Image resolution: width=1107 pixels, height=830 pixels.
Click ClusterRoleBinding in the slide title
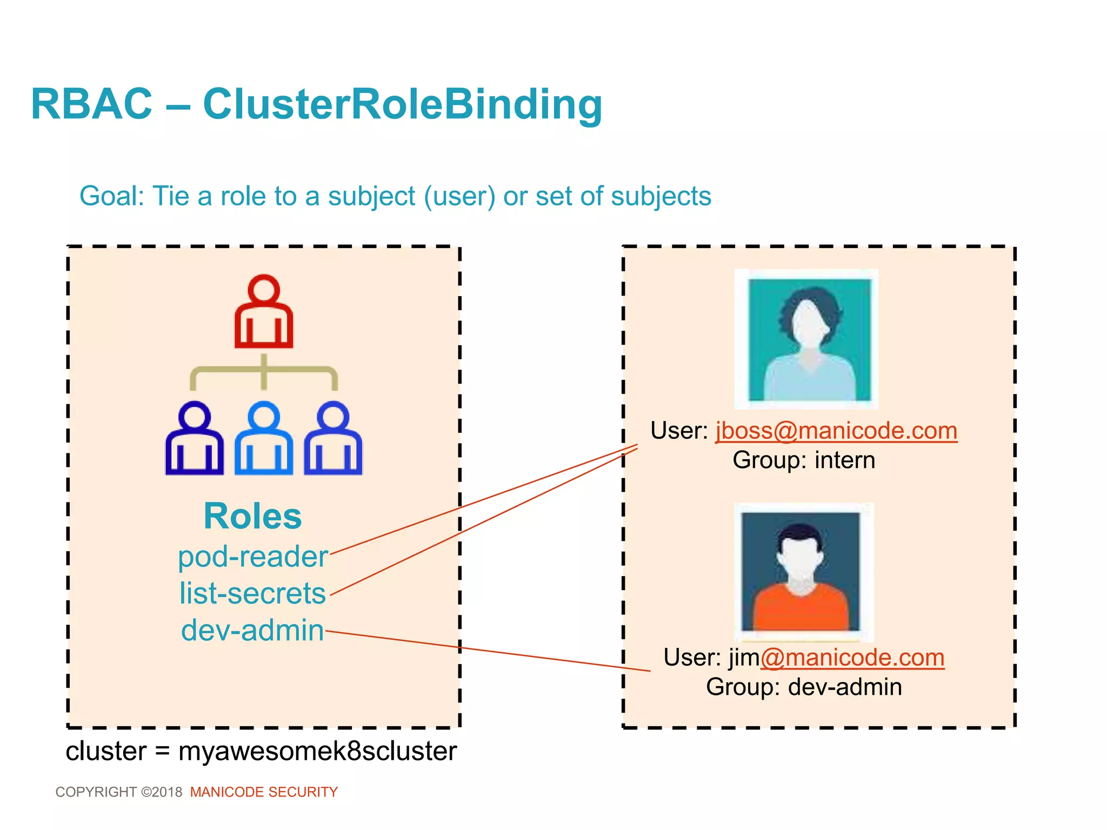402,104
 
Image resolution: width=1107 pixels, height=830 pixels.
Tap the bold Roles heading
252,516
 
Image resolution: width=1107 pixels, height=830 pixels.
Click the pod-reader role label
252,557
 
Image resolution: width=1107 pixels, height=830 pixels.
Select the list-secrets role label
252,593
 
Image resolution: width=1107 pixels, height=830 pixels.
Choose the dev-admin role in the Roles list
252,630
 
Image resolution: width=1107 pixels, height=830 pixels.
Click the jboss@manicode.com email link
836,431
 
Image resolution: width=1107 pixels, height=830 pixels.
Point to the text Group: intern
804,460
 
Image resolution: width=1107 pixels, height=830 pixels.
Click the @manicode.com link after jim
852,658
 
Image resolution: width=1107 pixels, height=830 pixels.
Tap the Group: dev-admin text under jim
804,687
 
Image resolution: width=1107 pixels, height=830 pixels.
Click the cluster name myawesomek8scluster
317,751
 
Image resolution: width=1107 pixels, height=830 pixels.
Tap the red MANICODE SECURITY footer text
264,792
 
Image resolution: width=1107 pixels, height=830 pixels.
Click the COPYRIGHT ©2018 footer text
119,792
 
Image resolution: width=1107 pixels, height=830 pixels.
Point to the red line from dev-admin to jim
486,651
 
